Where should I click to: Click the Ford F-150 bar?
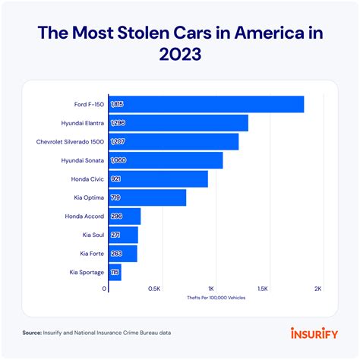click(205, 104)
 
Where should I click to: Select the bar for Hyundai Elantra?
click(178, 123)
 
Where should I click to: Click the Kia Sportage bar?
click(115, 272)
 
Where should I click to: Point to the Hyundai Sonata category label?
click(81, 160)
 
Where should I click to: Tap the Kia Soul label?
click(91, 235)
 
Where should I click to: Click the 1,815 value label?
click(118, 104)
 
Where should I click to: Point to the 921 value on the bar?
click(116, 179)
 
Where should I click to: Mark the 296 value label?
click(116, 216)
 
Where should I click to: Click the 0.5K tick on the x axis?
click(153, 289)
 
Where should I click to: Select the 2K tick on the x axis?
click(317, 289)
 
